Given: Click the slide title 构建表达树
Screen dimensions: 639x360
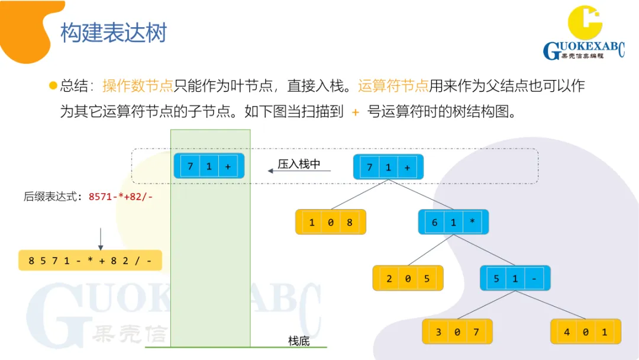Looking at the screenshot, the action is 114,33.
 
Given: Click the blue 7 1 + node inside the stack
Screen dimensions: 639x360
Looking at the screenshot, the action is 209,166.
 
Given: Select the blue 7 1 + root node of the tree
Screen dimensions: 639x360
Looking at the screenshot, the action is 388,168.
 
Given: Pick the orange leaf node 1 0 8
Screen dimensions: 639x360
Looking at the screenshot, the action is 331,223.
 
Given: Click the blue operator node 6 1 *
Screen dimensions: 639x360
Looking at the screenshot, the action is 453,223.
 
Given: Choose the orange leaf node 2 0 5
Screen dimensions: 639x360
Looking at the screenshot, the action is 408,278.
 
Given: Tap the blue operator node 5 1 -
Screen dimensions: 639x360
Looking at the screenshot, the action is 515,278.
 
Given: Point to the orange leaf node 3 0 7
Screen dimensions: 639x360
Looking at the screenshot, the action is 457,332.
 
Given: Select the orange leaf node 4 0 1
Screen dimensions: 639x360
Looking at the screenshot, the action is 586,332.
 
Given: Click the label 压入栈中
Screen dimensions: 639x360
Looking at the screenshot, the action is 299,164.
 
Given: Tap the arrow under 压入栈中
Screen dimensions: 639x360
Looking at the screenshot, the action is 299,172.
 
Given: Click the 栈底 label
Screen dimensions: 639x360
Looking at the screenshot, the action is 299,340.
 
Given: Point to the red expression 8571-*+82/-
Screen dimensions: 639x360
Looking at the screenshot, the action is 121,197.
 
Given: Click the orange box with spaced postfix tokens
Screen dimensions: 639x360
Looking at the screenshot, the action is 90,261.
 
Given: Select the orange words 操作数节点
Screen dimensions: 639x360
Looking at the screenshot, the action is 137,86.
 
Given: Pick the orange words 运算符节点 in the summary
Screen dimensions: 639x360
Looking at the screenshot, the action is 393,86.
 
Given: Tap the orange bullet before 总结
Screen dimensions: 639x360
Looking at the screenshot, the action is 53,86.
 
